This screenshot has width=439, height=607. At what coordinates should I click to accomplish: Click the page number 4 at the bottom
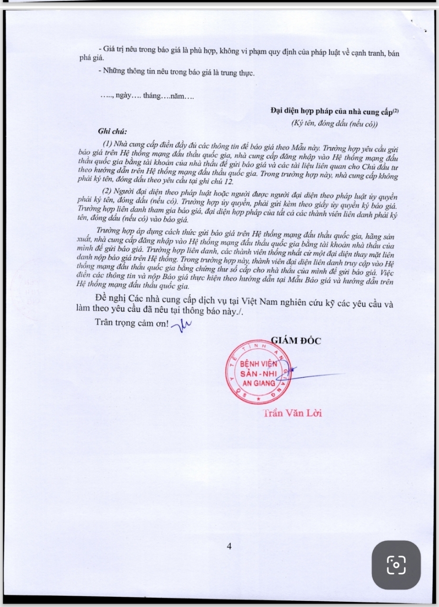pos(229,546)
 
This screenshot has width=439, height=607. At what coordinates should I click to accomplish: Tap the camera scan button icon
pos(396,565)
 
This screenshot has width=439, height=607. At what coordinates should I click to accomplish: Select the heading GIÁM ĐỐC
pos(296,341)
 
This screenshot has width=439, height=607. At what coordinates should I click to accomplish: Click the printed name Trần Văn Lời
pos(292,413)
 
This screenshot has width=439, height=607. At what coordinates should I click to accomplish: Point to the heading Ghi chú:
pos(112,131)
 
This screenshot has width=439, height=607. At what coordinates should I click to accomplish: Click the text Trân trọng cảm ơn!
pos(131,323)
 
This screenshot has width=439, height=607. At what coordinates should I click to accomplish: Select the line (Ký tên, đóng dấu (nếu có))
pos(335,124)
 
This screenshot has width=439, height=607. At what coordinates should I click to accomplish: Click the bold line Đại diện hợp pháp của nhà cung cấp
pos(332,112)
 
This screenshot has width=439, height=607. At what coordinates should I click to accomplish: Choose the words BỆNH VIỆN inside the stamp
pos(259,364)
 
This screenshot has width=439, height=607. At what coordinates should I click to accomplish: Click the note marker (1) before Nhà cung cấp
pos(107,143)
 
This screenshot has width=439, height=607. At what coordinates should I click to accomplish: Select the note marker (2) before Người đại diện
pos(107,191)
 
